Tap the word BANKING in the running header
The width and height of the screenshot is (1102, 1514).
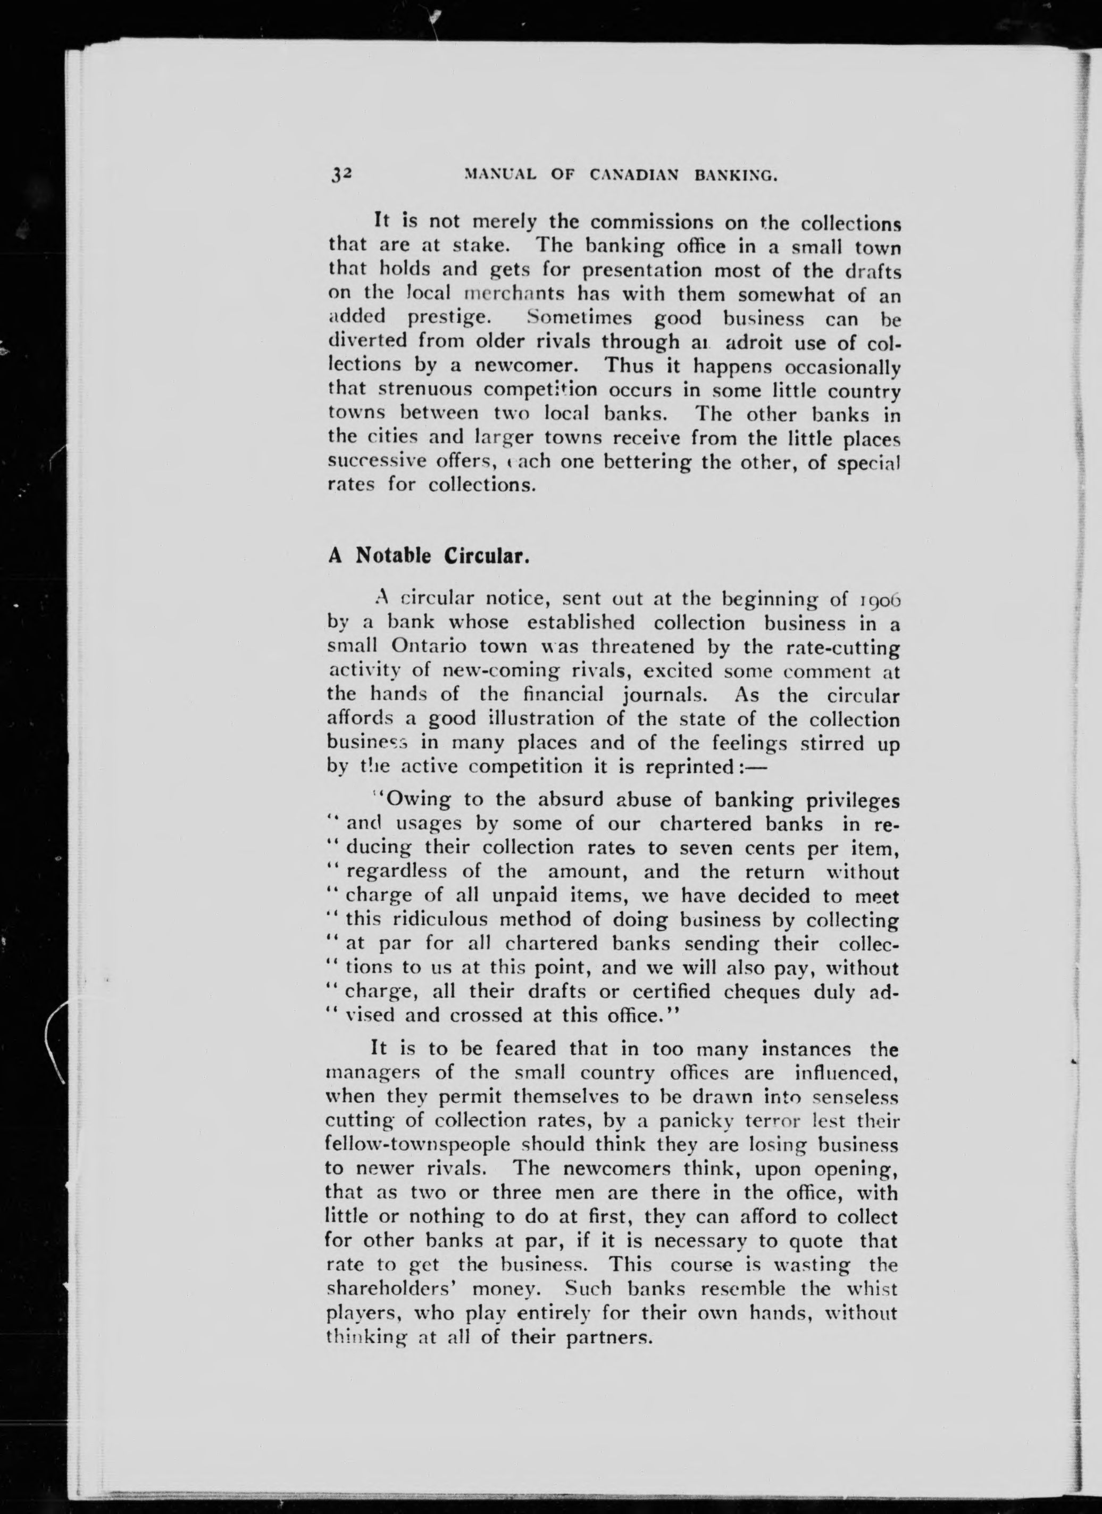pyautogui.click(x=736, y=176)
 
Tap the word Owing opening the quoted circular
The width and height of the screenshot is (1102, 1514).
pyautogui.click(x=413, y=800)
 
